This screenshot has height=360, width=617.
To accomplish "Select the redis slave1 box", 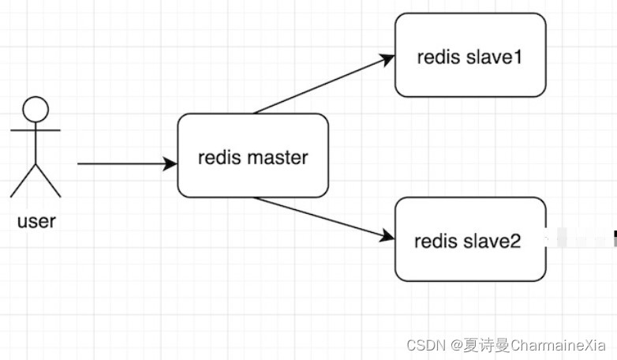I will tap(470, 55).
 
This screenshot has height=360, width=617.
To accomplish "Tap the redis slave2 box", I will tap(470, 239).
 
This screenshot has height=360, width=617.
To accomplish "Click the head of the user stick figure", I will tap(36, 108).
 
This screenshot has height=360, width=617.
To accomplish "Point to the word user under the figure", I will tap(36, 221).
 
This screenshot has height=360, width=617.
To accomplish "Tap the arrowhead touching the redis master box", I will tap(170, 164).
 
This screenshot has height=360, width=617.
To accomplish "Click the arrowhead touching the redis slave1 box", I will tap(387, 58).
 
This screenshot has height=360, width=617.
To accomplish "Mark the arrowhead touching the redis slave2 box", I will tap(386, 235).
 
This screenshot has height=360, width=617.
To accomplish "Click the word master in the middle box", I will tap(277, 157).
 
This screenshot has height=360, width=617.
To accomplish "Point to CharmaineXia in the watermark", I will tap(558, 346).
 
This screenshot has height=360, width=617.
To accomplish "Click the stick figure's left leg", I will tap(24, 180).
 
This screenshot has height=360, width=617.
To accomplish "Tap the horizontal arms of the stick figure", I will tap(36, 129).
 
